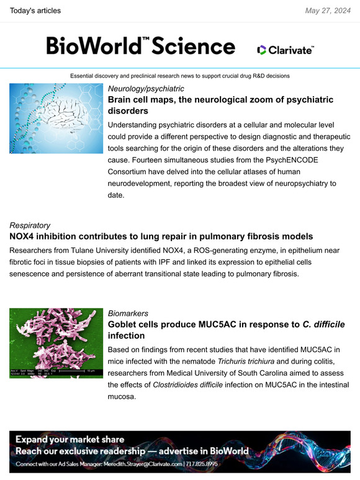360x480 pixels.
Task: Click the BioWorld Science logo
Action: coord(140,46)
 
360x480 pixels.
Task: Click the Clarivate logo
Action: coord(285,50)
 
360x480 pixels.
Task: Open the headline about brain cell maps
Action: coord(220,105)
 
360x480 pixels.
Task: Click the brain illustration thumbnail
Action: coord(56,118)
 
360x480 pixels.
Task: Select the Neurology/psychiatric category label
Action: coord(146,89)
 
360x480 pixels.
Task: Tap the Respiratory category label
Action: coord(30,225)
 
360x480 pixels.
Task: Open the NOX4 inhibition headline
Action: coord(161,236)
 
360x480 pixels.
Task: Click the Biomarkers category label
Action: coord(128,313)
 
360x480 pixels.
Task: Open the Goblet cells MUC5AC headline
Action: coord(226,330)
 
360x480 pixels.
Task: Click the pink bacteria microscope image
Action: coord(56,343)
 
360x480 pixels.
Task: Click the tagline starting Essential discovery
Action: coord(180,75)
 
